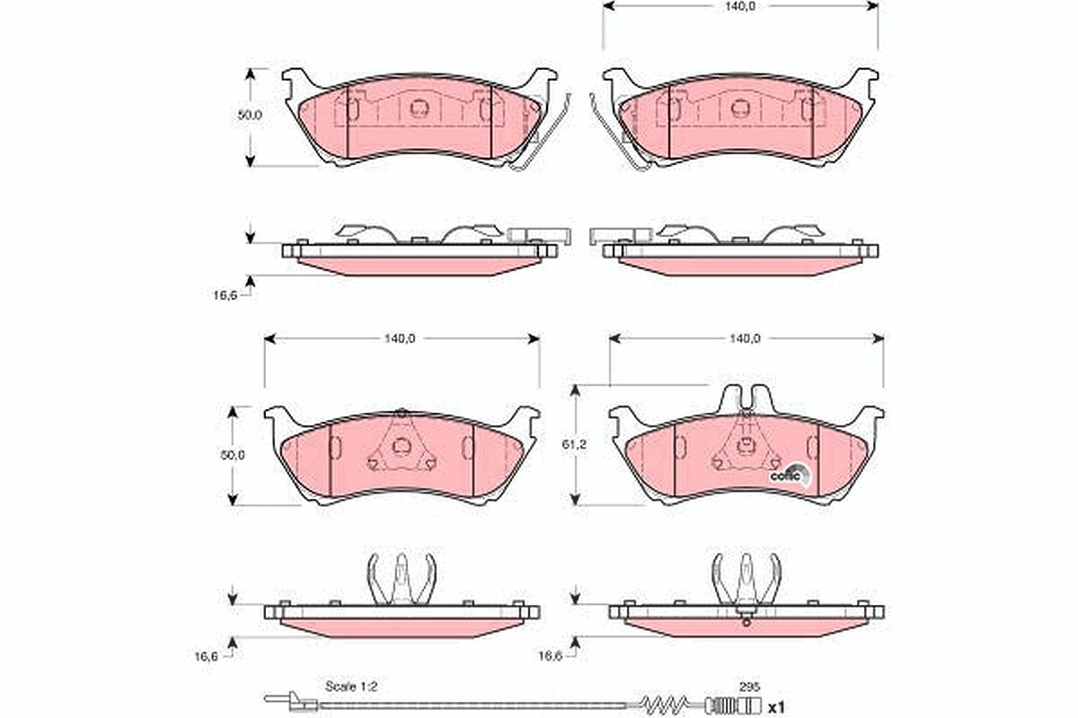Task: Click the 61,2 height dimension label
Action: (574, 444)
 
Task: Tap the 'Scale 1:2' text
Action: (351, 687)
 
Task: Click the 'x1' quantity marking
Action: (776, 707)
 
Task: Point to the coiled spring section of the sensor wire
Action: (665, 706)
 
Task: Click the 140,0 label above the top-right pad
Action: (741, 5)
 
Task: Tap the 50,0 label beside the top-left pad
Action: (250, 116)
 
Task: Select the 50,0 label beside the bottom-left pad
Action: (233, 455)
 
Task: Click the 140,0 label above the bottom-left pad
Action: (400, 338)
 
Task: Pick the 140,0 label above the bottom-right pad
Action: (745, 338)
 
